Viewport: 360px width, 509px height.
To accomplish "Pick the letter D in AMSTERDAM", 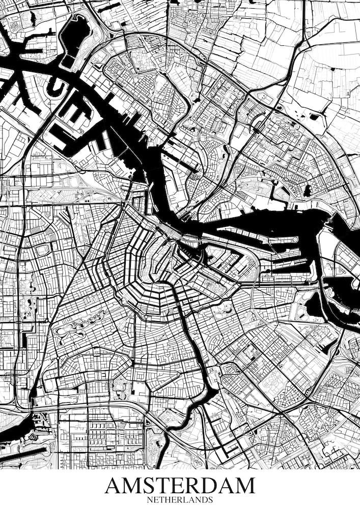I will point(214,486).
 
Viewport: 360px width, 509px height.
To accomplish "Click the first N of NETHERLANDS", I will point(150,500).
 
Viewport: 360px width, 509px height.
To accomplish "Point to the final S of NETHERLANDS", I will point(210,500).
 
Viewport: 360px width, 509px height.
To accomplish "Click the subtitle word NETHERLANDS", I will point(180,500).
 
